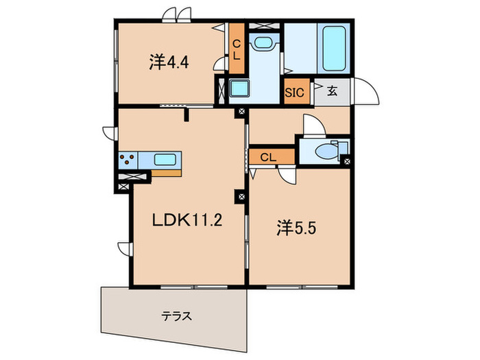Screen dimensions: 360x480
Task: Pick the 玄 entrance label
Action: (x=332, y=91)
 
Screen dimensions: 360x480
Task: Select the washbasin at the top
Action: (x=263, y=43)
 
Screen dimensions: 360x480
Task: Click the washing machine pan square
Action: (x=240, y=89)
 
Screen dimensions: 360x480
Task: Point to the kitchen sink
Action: (x=165, y=160)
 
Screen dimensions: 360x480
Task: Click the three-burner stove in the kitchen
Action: (x=127, y=160)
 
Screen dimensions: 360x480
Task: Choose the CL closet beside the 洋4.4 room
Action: (x=236, y=50)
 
